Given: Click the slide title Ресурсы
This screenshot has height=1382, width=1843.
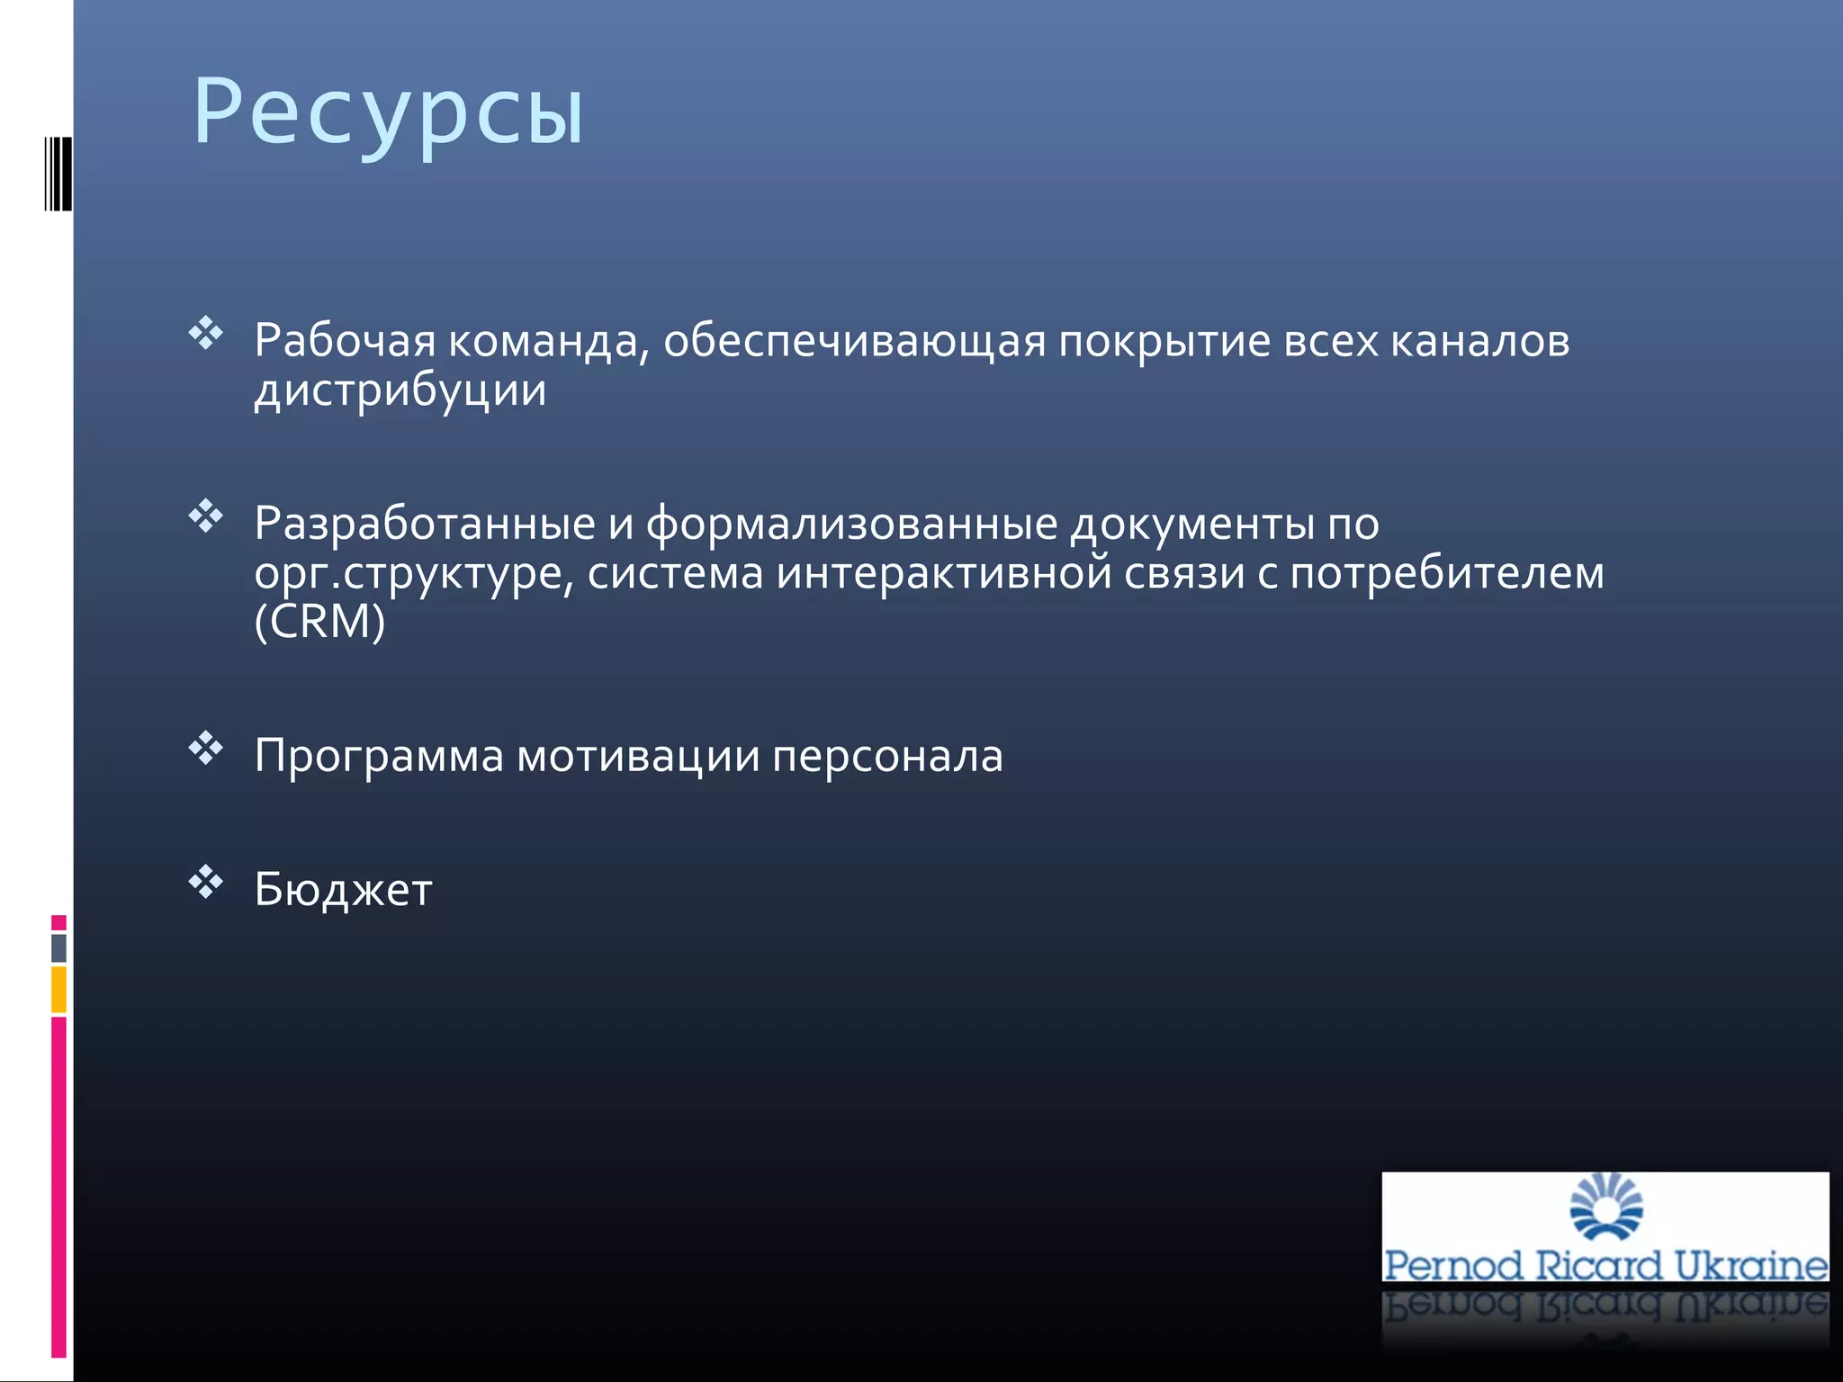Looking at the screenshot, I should (389, 112).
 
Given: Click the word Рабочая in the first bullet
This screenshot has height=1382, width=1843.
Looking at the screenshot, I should (345, 341).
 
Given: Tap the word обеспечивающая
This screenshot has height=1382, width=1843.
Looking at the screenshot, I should (855, 341).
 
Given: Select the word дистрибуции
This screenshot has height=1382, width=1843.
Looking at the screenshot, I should (400, 390).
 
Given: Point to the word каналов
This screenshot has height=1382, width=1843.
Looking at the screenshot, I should (1480, 341).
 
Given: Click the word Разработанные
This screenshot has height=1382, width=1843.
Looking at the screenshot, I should (425, 524).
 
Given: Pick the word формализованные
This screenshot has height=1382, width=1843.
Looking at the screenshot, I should (851, 524).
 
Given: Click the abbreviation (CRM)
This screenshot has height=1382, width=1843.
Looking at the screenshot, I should (319, 622).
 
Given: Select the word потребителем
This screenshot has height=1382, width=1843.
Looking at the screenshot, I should (1447, 573).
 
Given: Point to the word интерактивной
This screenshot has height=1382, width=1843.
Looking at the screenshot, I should (944, 573).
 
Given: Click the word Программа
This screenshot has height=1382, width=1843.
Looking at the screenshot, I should (379, 756).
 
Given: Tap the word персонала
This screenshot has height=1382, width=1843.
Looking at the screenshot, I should (887, 756).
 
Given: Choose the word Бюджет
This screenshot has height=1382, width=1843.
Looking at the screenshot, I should (343, 890).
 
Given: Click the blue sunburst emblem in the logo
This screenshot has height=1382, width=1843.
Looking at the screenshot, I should (1606, 1207).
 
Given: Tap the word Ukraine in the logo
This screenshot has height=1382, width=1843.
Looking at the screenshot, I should (1750, 1265).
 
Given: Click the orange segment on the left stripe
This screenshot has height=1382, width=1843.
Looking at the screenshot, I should (58, 989).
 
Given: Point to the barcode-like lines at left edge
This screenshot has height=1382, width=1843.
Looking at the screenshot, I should (58, 174).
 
